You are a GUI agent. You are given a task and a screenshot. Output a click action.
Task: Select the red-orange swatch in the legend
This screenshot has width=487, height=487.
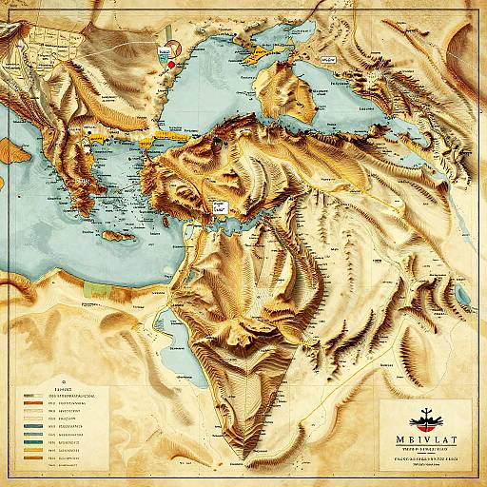click(29, 403)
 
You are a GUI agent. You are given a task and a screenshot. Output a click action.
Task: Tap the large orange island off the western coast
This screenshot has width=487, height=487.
click(11, 149)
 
